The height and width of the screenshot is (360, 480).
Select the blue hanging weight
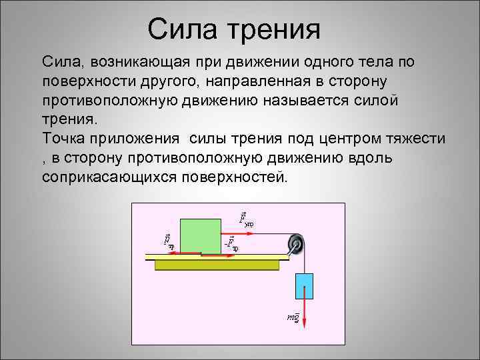pos(304,286)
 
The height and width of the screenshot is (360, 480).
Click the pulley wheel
pos(295,243)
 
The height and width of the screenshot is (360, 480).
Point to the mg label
pos(293,317)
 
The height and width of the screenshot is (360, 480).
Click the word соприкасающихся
pos(105,177)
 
